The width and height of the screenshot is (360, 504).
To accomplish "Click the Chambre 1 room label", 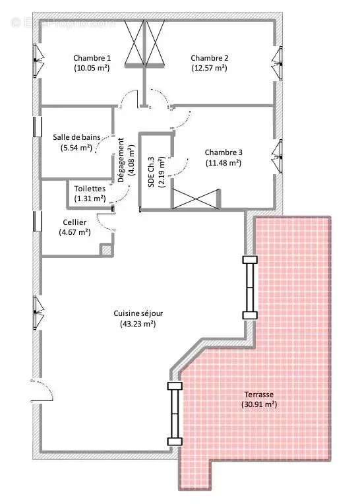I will tap(92, 57).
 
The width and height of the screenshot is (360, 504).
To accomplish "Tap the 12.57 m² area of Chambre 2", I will tap(210, 67).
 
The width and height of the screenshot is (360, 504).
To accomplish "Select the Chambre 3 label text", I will tap(223, 152).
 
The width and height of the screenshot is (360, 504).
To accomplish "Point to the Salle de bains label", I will tap(76, 137).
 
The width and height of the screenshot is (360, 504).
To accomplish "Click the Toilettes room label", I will tap(90, 188).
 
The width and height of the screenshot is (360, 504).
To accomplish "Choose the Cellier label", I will tap(75, 222).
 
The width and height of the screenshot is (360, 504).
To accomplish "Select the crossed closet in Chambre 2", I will tap(156, 44).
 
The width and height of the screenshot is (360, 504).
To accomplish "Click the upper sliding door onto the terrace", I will tap(249, 288).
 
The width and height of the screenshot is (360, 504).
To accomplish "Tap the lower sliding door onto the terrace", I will tap(174, 414).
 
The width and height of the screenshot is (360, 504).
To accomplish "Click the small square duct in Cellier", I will tap(105, 249).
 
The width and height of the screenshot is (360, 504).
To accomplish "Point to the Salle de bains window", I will tap(36, 127).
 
